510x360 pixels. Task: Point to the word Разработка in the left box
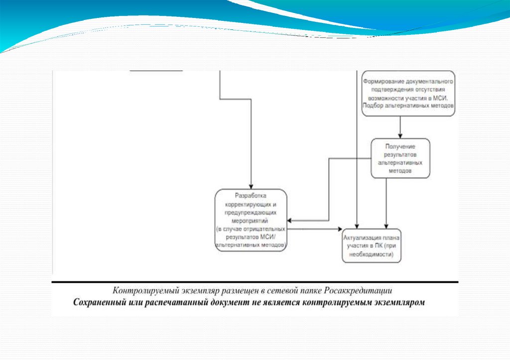point(251,196)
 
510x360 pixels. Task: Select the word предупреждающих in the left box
point(251,212)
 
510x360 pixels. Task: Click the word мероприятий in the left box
point(251,220)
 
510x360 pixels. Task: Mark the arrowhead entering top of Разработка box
point(252,186)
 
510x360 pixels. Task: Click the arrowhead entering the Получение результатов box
point(400,135)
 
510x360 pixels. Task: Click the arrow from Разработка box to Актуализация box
point(314,229)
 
